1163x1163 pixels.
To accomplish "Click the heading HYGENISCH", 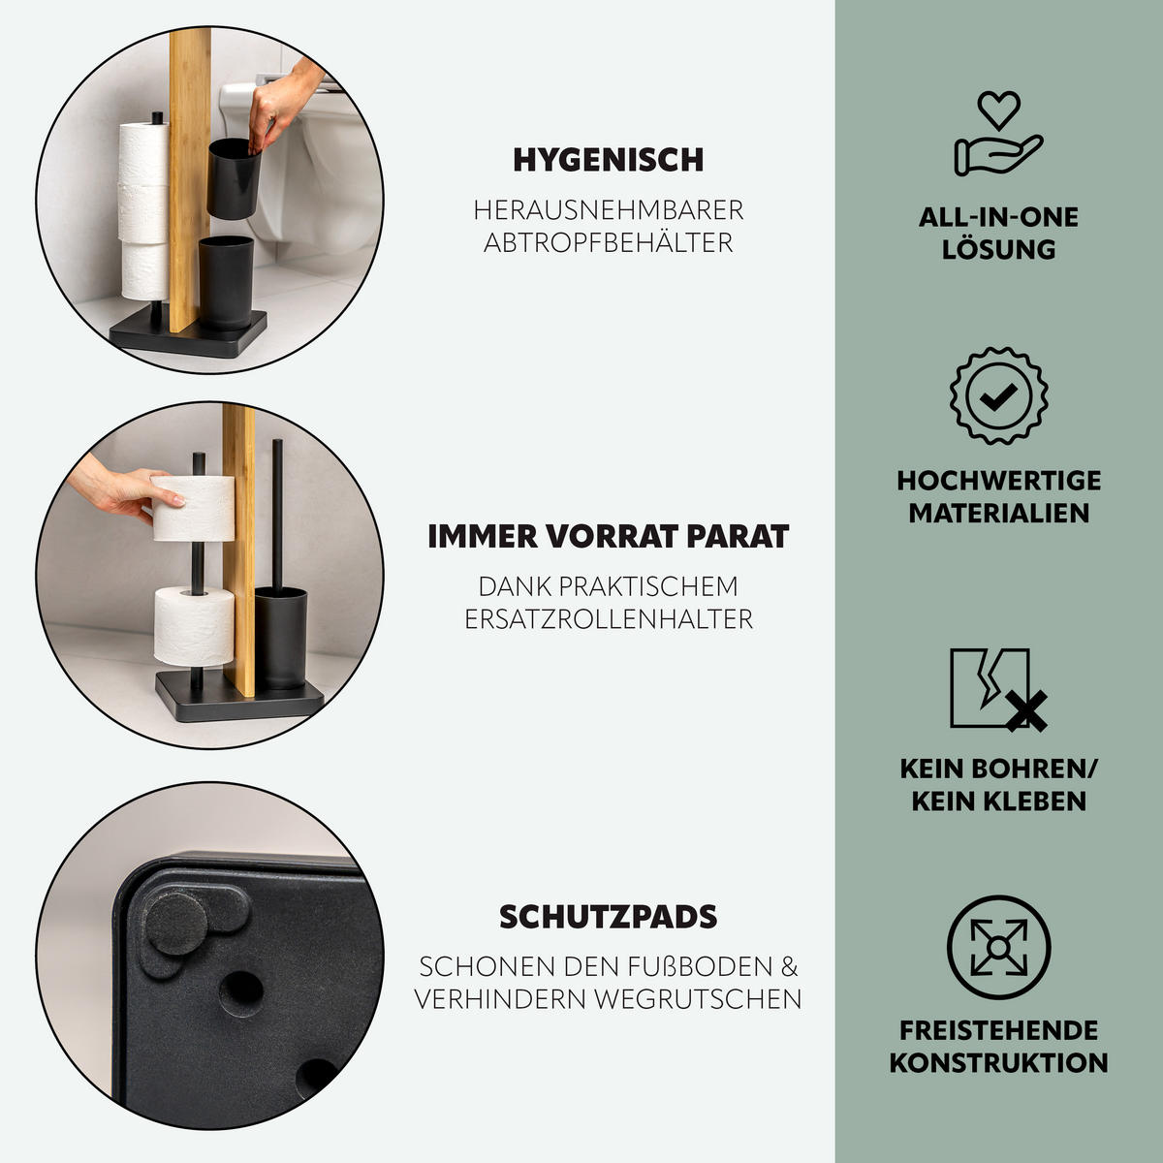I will (608, 160).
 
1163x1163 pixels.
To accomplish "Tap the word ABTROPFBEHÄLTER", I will (608, 242).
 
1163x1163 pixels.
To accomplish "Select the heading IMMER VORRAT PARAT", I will (608, 536).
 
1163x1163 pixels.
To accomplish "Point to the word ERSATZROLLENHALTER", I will (608, 619).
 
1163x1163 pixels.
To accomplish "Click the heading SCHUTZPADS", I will (608, 917).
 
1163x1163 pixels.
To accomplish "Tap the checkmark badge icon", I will (998, 395).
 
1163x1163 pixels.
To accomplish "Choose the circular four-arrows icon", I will (998, 948).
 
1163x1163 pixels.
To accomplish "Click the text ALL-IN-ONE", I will (998, 217).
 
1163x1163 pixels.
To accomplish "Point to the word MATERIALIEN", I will (998, 513).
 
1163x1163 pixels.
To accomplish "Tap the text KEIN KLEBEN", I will (998, 802).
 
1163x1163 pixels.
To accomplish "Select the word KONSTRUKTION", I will (998, 1062).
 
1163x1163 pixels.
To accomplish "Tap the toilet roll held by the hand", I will (194, 508).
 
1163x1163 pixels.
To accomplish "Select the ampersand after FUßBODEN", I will (790, 966).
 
